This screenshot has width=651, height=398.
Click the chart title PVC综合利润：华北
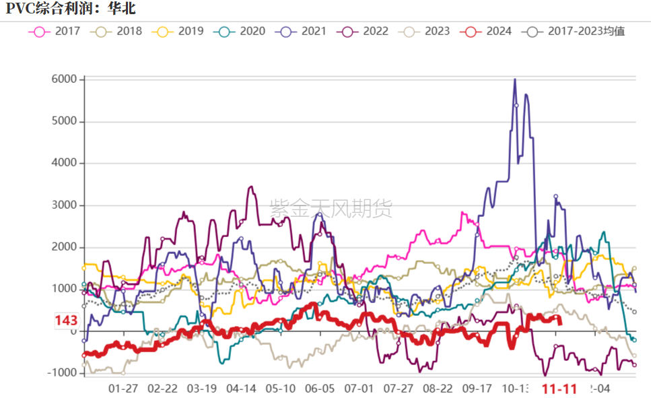click(x=71, y=9)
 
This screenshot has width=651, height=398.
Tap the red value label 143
click(x=66, y=321)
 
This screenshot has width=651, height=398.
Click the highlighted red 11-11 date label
click(x=559, y=389)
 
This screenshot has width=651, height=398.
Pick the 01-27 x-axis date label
click(x=123, y=389)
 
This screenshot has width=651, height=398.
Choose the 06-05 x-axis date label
click(x=320, y=389)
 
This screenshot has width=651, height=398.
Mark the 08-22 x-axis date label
click(x=438, y=389)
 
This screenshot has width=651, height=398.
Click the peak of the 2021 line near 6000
click(x=515, y=79)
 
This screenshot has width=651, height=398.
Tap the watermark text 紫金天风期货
click(x=331, y=209)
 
